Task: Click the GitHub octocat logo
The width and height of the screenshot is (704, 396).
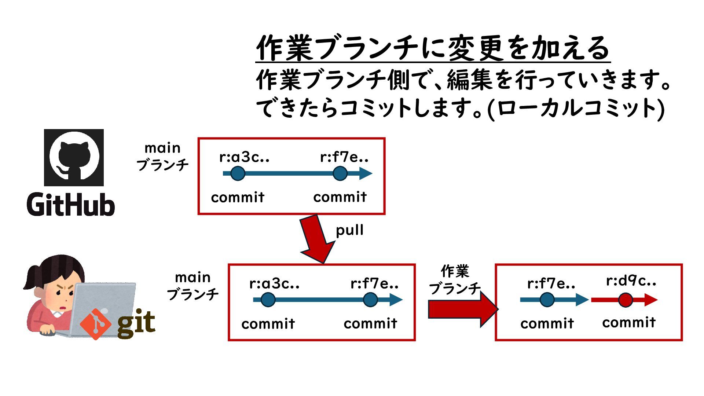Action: [x=74, y=157]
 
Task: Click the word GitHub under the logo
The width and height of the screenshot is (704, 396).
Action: [x=71, y=204]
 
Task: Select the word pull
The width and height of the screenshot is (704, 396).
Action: [x=349, y=230]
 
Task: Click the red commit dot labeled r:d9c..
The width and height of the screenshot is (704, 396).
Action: [x=625, y=300]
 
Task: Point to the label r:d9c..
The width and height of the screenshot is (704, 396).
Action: [x=631, y=281]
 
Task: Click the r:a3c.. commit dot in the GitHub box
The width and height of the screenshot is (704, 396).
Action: [x=238, y=173]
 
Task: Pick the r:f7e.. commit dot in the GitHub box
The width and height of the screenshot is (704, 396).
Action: [x=340, y=173]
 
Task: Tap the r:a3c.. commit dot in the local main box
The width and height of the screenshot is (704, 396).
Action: [x=268, y=300]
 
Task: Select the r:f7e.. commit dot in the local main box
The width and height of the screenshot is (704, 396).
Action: [x=370, y=300]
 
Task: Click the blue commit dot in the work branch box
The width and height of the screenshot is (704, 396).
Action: [x=547, y=300]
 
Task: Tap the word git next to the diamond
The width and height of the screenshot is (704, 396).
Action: [x=136, y=323]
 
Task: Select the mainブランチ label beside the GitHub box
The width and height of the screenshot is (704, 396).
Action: [x=162, y=157]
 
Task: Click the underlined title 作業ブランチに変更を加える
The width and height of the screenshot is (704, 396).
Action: [x=433, y=48]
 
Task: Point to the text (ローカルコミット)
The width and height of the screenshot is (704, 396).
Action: [x=576, y=109]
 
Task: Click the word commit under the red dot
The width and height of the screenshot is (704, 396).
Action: [x=628, y=323]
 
